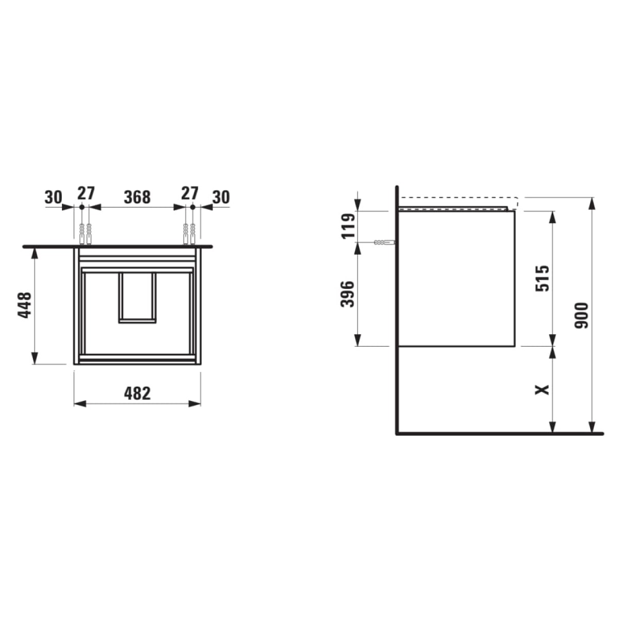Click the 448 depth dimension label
[x=24, y=305]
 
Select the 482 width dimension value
[x=137, y=393]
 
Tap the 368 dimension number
[x=137, y=197]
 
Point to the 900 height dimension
[x=581, y=316]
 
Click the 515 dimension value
[x=542, y=278]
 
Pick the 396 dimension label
[x=347, y=294]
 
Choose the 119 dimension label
[x=348, y=226]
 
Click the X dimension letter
[x=543, y=389]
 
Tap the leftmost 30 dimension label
[x=53, y=197]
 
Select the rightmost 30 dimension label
[x=221, y=197]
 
